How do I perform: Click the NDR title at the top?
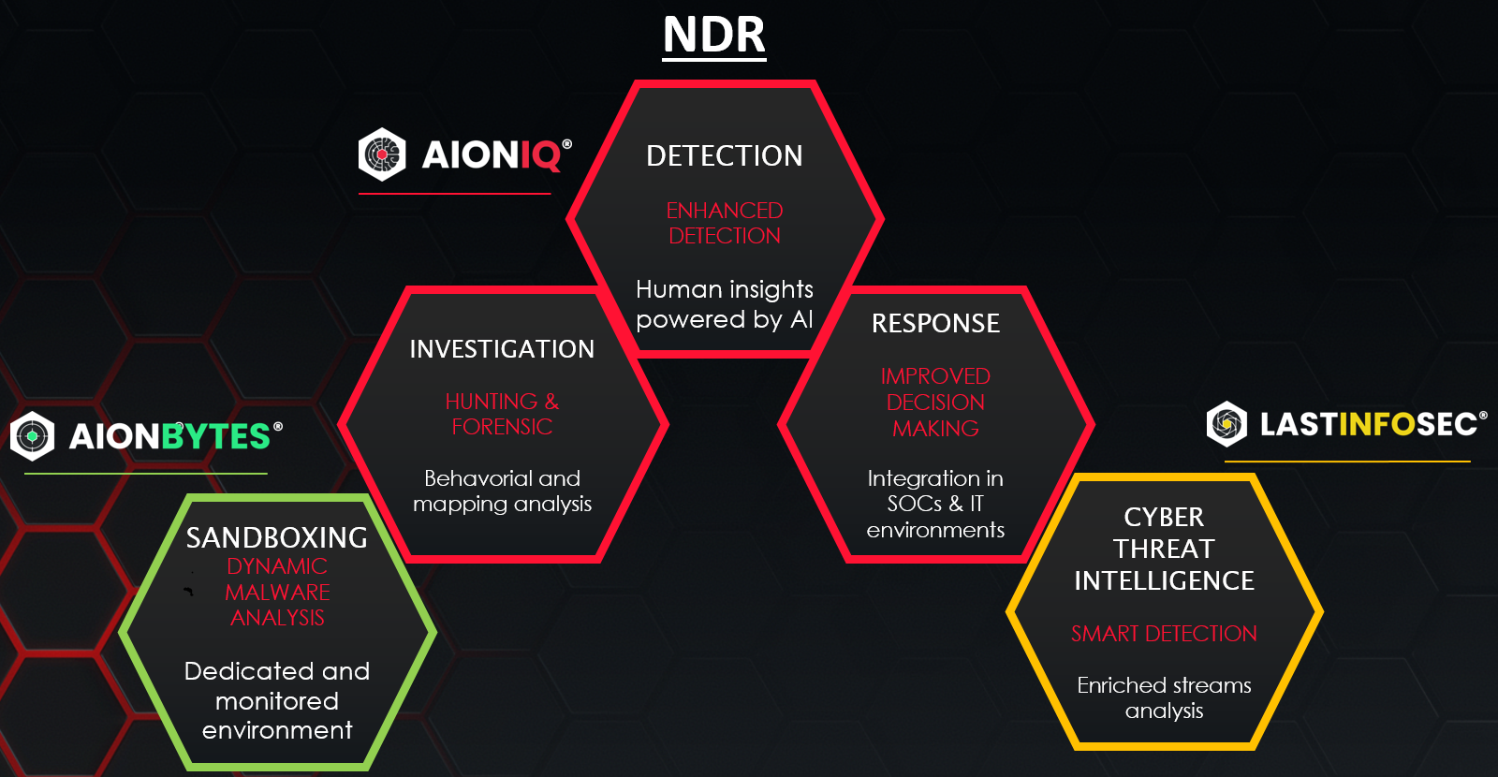pos(714,35)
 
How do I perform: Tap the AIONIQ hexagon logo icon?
pos(382,154)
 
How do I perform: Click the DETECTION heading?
pos(725,155)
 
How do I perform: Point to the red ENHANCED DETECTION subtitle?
pos(725,223)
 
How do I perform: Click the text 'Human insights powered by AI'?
pos(725,304)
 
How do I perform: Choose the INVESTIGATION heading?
pos(502,349)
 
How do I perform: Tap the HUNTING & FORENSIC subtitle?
pos(502,413)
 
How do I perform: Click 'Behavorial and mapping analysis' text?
pos(502,491)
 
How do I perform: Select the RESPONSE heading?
pos(935,324)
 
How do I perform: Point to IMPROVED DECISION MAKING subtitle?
pos(935,402)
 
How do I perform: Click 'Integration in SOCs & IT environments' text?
pos(935,504)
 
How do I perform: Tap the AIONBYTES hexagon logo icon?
pos(32,436)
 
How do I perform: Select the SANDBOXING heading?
pos(277,538)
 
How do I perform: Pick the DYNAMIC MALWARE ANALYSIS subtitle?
pos(277,592)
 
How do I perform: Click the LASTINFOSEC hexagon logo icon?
pos(1226,424)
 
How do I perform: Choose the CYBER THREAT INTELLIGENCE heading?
pos(1164,549)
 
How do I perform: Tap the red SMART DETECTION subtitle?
pos(1164,633)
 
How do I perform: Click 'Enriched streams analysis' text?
pos(1164,697)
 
